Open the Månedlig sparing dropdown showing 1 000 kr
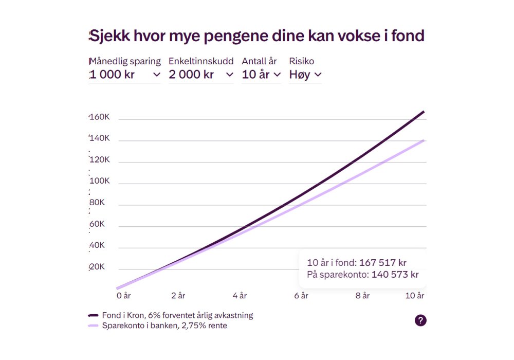click(125, 75)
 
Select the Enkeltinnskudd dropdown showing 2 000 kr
click(201, 75)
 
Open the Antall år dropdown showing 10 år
click(261, 75)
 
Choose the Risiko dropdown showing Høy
click(305, 75)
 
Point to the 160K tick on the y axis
click(100, 117)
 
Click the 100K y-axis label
click(100, 181)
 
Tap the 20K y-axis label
click(97, 267)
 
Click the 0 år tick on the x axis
click(123, 296)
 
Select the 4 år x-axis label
click(240, 296)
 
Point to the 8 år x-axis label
click(363, 296)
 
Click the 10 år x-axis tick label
click(415, 296)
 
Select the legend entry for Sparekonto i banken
click(164, 326)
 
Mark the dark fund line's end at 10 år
click(424, 112)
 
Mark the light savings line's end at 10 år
click(424, 140)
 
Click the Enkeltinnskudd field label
click(201, 61)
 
